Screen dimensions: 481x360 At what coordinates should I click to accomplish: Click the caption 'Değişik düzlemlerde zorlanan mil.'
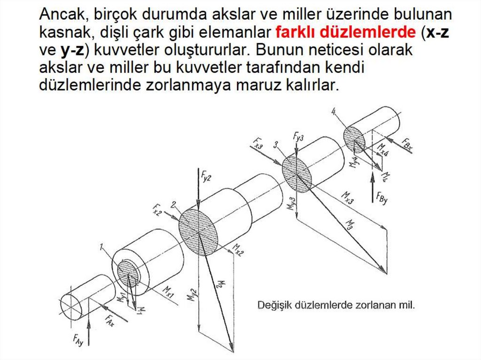(x=336, y=305)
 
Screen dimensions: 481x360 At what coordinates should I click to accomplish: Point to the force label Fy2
(x=206, y=176)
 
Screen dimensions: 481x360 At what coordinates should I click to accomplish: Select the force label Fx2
(x=157, y=210)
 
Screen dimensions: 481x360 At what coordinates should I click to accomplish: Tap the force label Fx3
(x=258, y=143)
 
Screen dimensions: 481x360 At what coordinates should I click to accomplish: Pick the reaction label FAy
(x=78, y=340)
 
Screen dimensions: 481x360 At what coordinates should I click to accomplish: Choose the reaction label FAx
(x=109, y=321)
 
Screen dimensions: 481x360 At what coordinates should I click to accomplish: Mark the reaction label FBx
(x=407, y=144)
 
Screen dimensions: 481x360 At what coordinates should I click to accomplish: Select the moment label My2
(x=192, y=295)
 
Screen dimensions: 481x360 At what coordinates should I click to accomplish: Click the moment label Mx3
(x=348, y=198)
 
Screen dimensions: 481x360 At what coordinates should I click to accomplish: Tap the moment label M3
(x=350, y=225)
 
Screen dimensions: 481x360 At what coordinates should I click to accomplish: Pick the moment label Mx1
(x=168, y=292)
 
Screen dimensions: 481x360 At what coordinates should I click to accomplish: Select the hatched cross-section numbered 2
(x=198, y=232)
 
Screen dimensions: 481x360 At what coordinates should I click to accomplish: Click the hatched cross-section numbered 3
(x=297, y=174)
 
